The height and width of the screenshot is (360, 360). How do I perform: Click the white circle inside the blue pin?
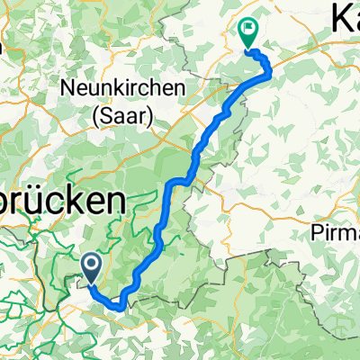(x=92, y=263)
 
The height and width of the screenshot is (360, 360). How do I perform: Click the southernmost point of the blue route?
(x=119, y=306)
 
